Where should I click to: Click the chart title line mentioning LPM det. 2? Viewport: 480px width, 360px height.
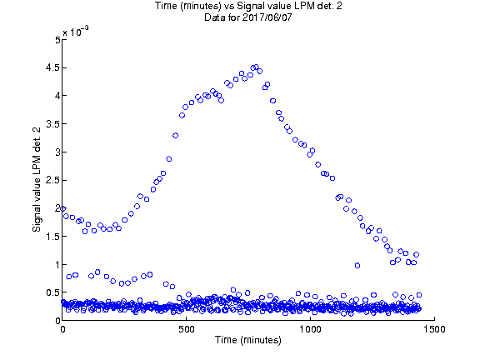point(248,6)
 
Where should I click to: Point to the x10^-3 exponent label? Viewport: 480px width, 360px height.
point(76,31)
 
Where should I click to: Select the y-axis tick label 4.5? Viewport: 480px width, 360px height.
point(52,67)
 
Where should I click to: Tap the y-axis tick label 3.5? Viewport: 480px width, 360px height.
point(52,124)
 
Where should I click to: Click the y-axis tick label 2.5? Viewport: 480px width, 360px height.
point(52,180)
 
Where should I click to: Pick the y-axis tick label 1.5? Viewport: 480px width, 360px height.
point(52,237)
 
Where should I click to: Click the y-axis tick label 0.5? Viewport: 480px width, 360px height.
point(52,293)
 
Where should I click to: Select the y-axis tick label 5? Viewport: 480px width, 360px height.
point(57,40)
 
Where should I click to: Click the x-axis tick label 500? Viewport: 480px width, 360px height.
point(186,329)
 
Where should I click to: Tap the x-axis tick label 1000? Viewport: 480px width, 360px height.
point(310,329)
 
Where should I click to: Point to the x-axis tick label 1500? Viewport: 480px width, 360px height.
point(434,329)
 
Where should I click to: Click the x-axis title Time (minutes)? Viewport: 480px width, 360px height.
point(248,340)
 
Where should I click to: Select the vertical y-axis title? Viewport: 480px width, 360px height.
point(37,180)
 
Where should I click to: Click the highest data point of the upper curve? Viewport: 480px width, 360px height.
point(257,67)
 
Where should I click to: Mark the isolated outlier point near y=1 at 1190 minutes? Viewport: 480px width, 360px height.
point(357,265)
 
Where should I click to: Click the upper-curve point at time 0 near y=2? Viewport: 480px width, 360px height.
point(63,208)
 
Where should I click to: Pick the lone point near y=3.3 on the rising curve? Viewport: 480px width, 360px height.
point(175,135)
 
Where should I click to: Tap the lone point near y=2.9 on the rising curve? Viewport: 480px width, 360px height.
point(169,159)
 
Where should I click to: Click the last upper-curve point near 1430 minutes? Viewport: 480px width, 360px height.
point(417,254)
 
